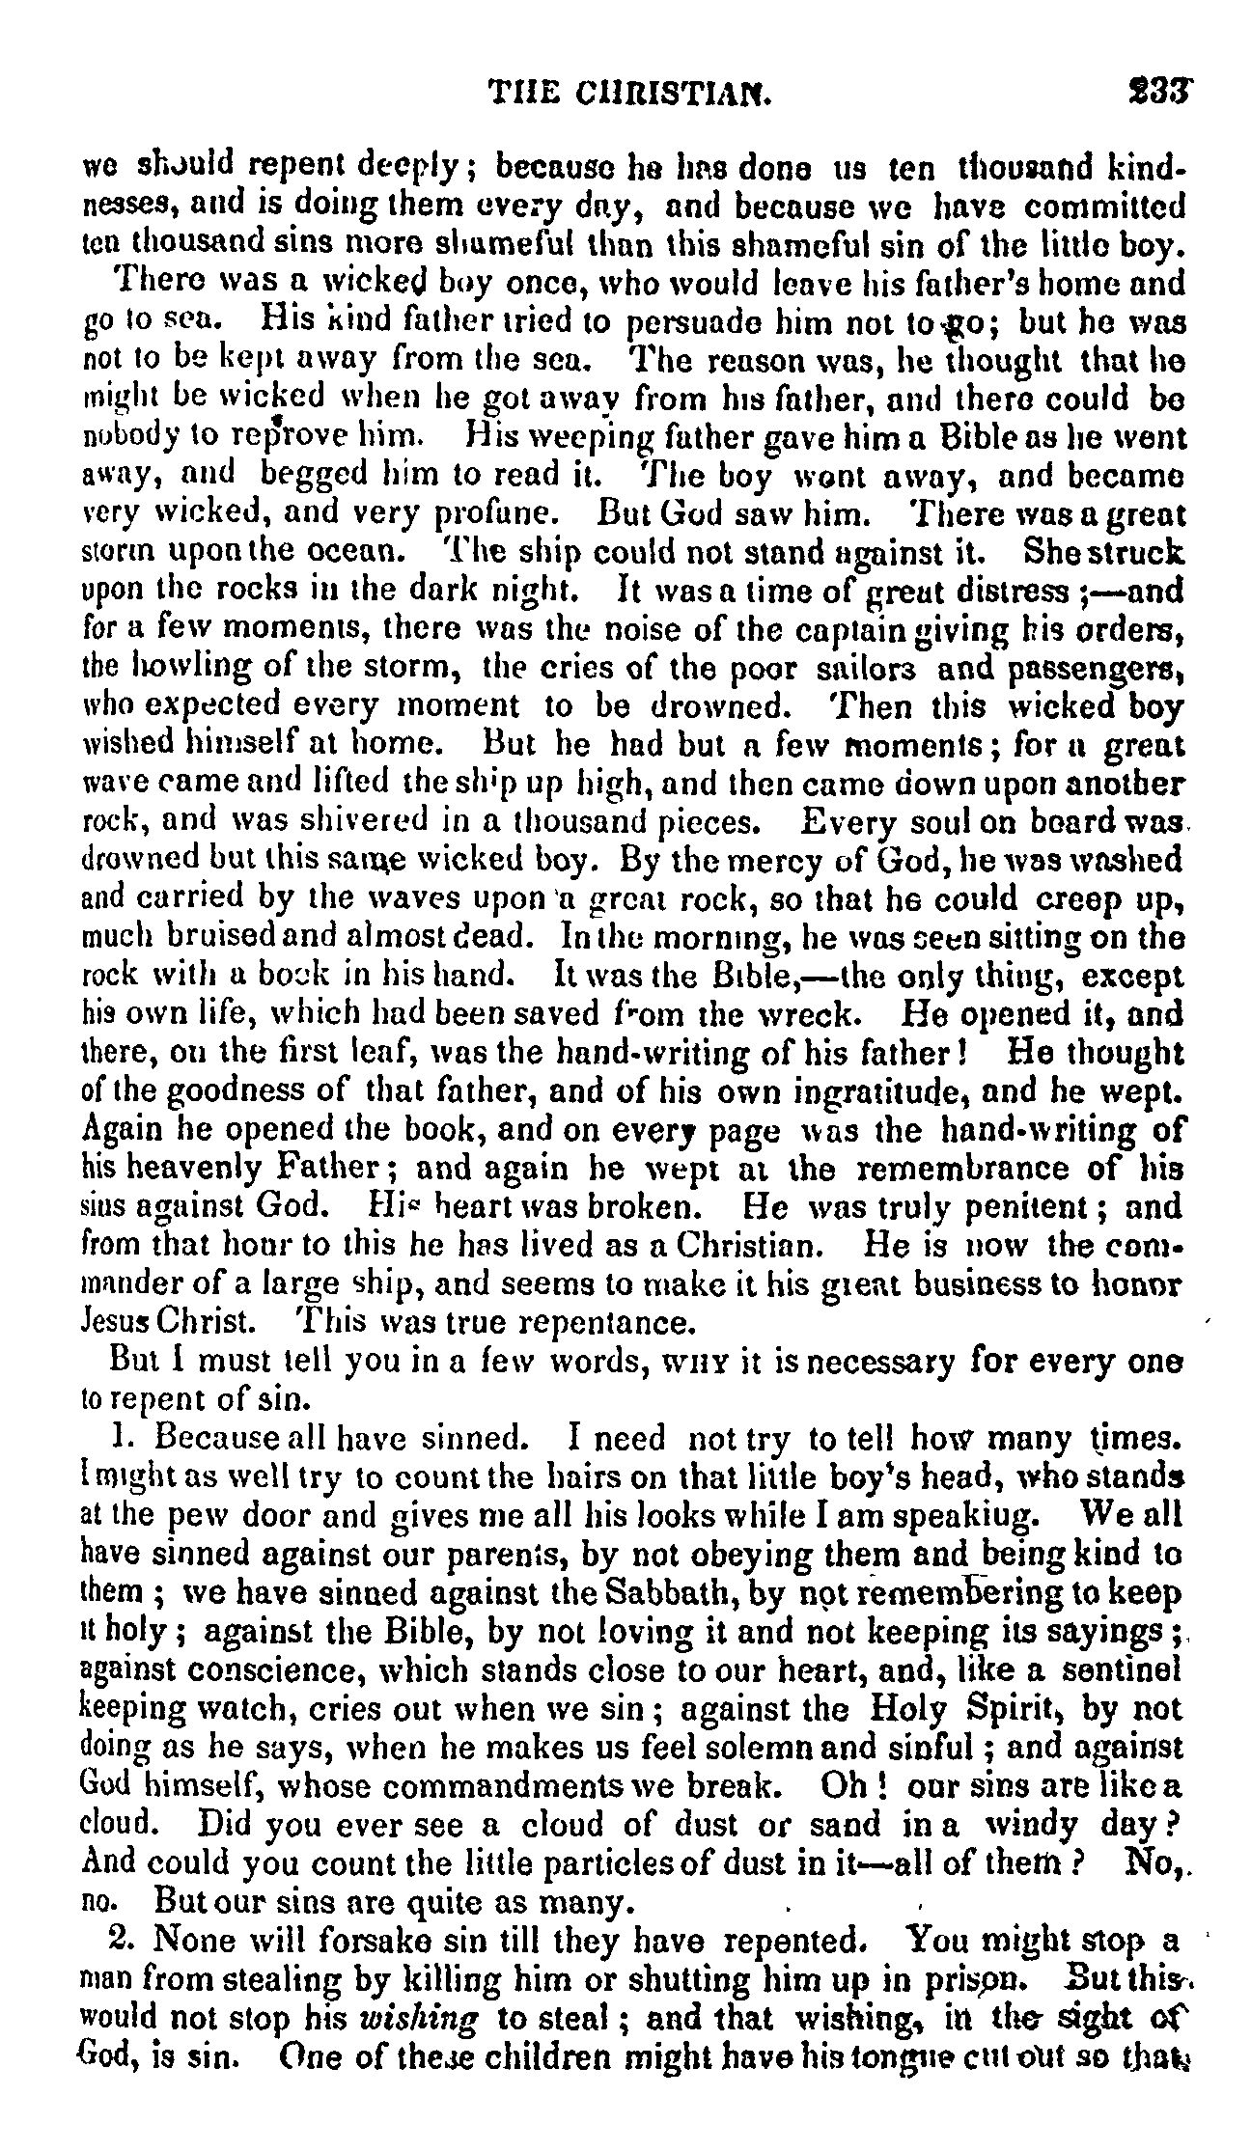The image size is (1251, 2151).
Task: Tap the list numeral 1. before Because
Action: pyautogui.click(x=121, y=1438)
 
